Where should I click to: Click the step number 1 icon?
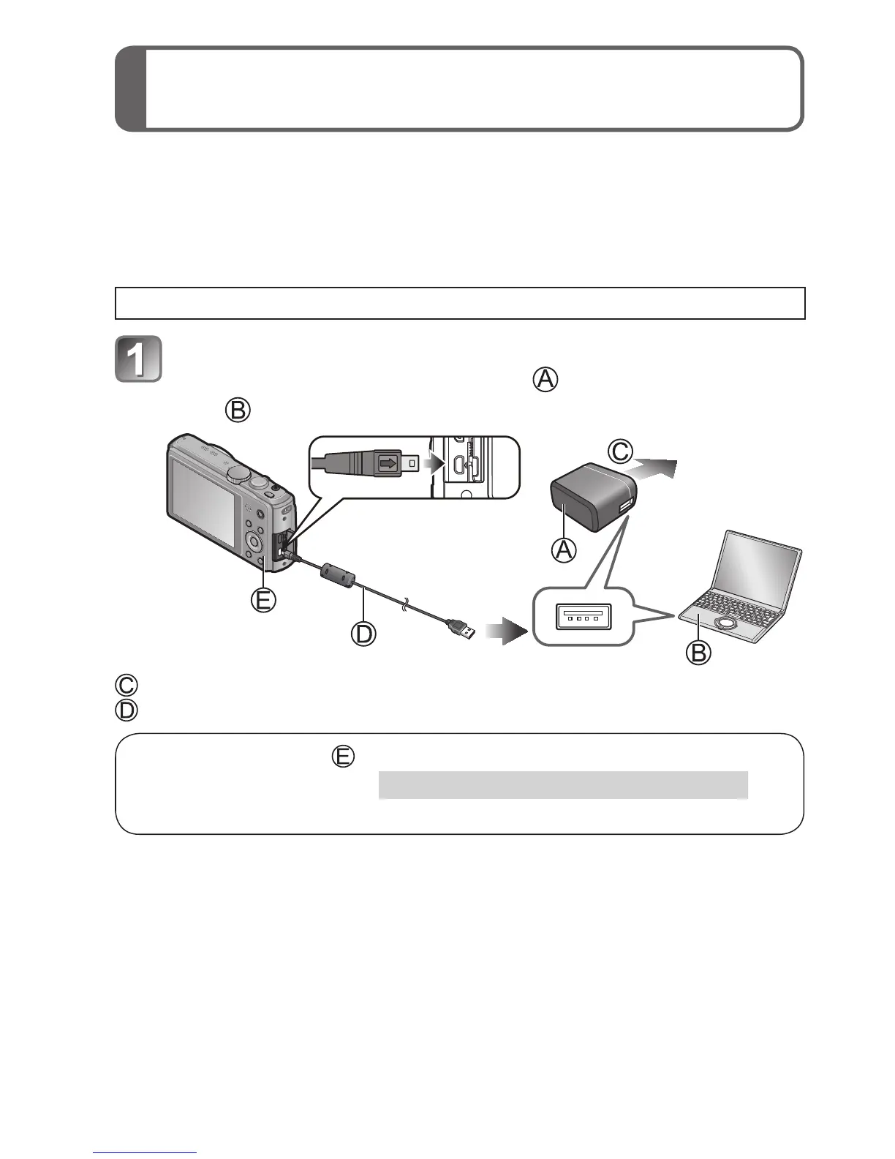(138, 359)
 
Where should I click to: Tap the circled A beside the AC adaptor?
(563, 549)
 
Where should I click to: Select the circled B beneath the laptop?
(698, 651)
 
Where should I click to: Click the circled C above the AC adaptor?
(621, 451)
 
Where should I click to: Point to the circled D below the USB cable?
(363, 633)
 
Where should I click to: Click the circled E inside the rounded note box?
(343, 756)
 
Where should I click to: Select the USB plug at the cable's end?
(460, 628)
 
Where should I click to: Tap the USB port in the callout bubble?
(583, 617)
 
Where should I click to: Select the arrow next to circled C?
(656, 468)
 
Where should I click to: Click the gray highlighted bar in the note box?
(563, 784)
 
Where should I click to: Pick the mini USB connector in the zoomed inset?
(388, 462)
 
